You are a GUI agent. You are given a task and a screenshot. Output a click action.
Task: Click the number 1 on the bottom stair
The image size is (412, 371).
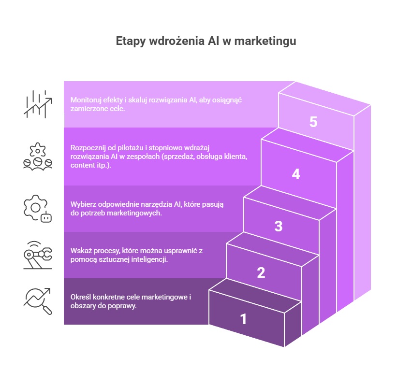[243, 319]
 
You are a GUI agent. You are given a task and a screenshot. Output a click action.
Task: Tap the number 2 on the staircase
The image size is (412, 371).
[261, 272]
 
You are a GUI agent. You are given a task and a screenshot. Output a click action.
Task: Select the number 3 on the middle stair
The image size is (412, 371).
[278, 226]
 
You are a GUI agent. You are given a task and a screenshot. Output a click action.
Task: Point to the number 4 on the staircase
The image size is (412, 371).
[296, 174]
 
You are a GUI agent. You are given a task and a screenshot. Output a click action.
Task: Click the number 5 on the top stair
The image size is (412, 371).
[313, 122]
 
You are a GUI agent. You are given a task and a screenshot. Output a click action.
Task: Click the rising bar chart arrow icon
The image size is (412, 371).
[38, 104]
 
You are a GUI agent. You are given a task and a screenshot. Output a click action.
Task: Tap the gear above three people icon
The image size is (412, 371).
[38, 157]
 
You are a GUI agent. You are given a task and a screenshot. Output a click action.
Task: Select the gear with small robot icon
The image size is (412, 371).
[38, 209]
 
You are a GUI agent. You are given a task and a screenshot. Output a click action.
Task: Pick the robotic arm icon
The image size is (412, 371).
[38, 255]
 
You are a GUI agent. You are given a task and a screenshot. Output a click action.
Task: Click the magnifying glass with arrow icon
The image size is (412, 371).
[38, 301]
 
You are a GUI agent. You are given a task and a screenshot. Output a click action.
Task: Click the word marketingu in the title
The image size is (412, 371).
[265, 41]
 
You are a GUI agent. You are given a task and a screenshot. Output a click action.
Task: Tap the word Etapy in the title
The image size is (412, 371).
[131, 41]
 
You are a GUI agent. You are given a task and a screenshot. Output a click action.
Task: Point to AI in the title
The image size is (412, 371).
[214, 41]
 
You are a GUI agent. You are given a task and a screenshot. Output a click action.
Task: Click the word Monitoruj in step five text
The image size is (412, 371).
[86, 100]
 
